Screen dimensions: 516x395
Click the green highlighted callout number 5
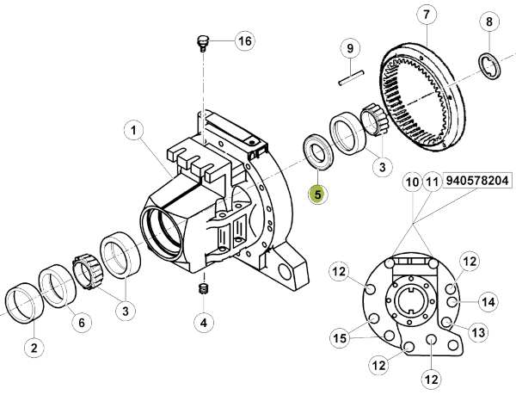317,194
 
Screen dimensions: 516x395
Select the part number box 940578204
477,181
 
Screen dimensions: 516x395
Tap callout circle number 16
245,41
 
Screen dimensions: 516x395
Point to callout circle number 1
133,131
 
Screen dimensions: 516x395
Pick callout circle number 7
427,15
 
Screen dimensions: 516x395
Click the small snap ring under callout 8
489,65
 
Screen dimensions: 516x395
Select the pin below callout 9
352,77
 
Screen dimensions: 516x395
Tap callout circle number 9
350,49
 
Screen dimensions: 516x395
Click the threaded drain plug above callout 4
204,289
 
